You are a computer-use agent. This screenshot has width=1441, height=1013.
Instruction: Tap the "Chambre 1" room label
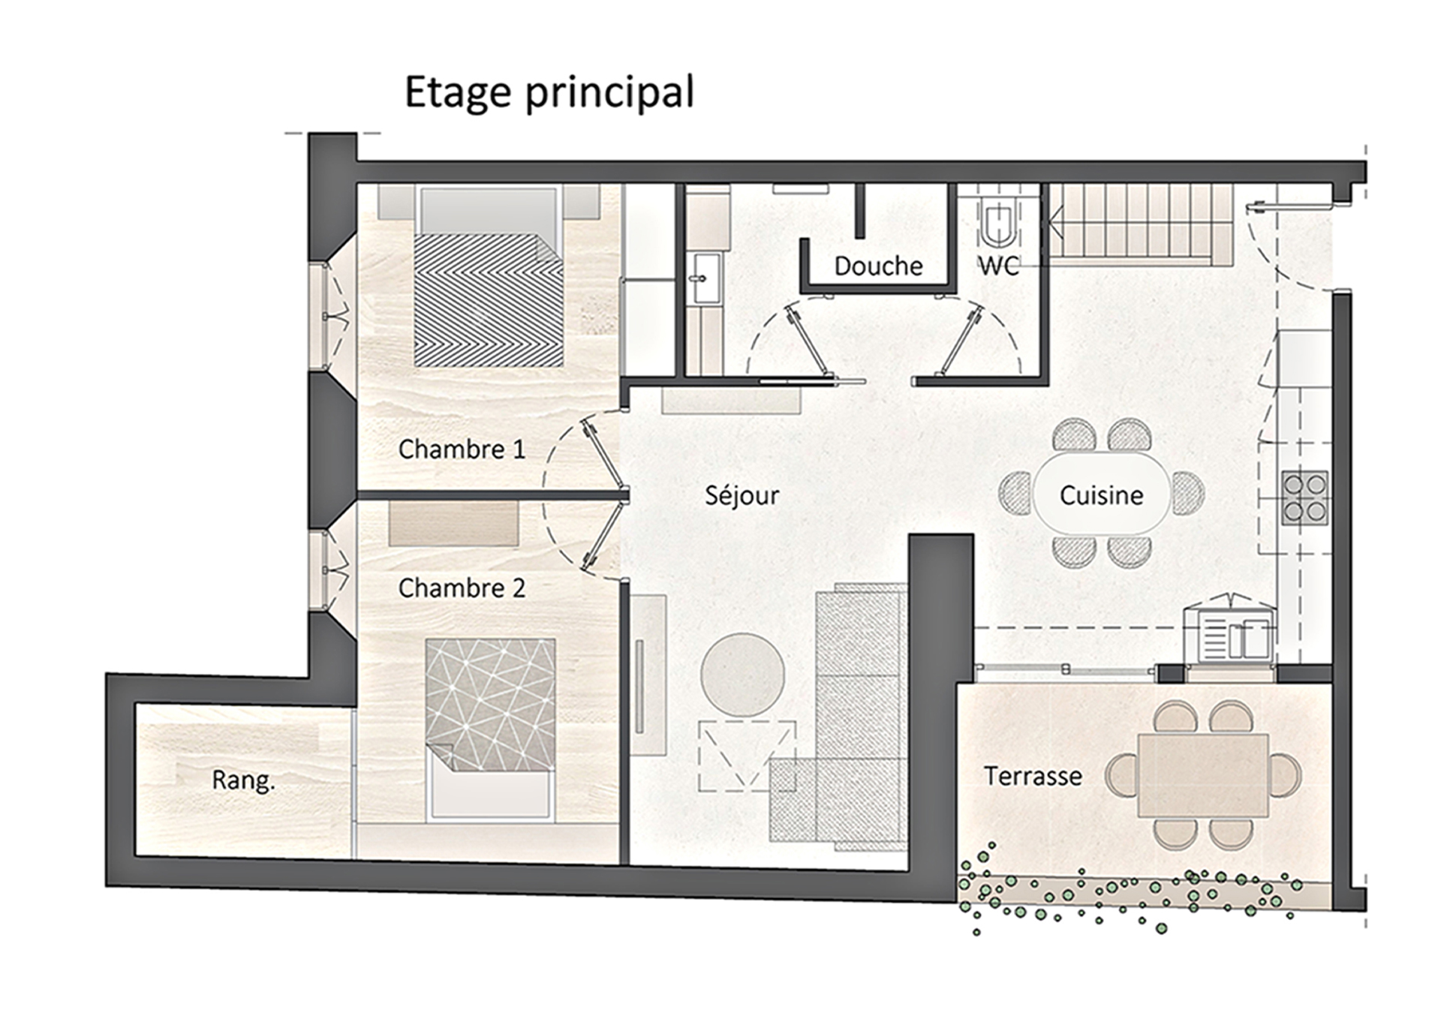[462, 449]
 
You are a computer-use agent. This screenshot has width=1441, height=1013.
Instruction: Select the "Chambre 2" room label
[462, 588]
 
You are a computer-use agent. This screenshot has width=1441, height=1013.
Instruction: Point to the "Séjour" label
[742, 496]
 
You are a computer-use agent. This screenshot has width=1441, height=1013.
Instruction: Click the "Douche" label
[878, 266]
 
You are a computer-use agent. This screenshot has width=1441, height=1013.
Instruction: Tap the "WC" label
[999, 266]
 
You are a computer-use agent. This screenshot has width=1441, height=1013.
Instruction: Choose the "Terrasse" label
[1033, 776]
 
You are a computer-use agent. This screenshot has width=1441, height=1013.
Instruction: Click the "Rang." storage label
[243, 781]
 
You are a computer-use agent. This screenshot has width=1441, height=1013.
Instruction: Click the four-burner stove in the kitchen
[1304, 497]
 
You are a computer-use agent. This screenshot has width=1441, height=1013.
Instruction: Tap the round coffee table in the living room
[742, 674]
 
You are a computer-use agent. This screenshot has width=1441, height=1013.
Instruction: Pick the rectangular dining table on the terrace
[1203, 776]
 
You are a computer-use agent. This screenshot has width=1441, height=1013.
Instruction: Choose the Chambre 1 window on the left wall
[332, 316]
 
